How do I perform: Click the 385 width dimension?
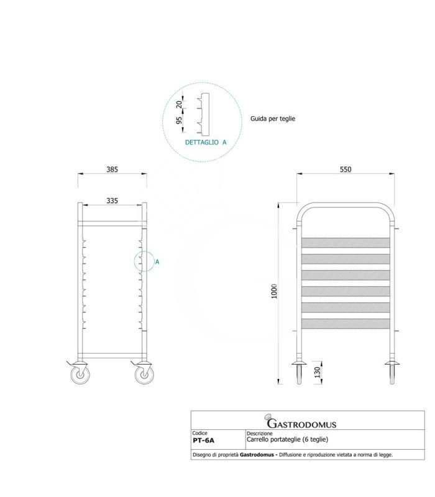click(x=112, y=169)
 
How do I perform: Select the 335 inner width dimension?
click(x=112, y=201)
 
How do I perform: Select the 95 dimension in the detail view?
click(x=180, y=121)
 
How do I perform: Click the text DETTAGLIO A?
click(x=206, y=142)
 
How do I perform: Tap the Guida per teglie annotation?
click(x=272, y=117)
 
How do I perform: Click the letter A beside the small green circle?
click(x=157, y=262)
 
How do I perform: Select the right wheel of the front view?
click(x=143, y=374)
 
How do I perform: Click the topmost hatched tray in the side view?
click(x=347, y=243)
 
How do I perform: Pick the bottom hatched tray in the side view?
click(x=347, y=324)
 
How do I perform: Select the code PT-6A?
click(x=203, y=441)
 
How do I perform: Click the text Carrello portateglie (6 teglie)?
click(x=287, y=440)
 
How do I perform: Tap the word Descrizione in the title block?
click(x=260, y=434)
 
